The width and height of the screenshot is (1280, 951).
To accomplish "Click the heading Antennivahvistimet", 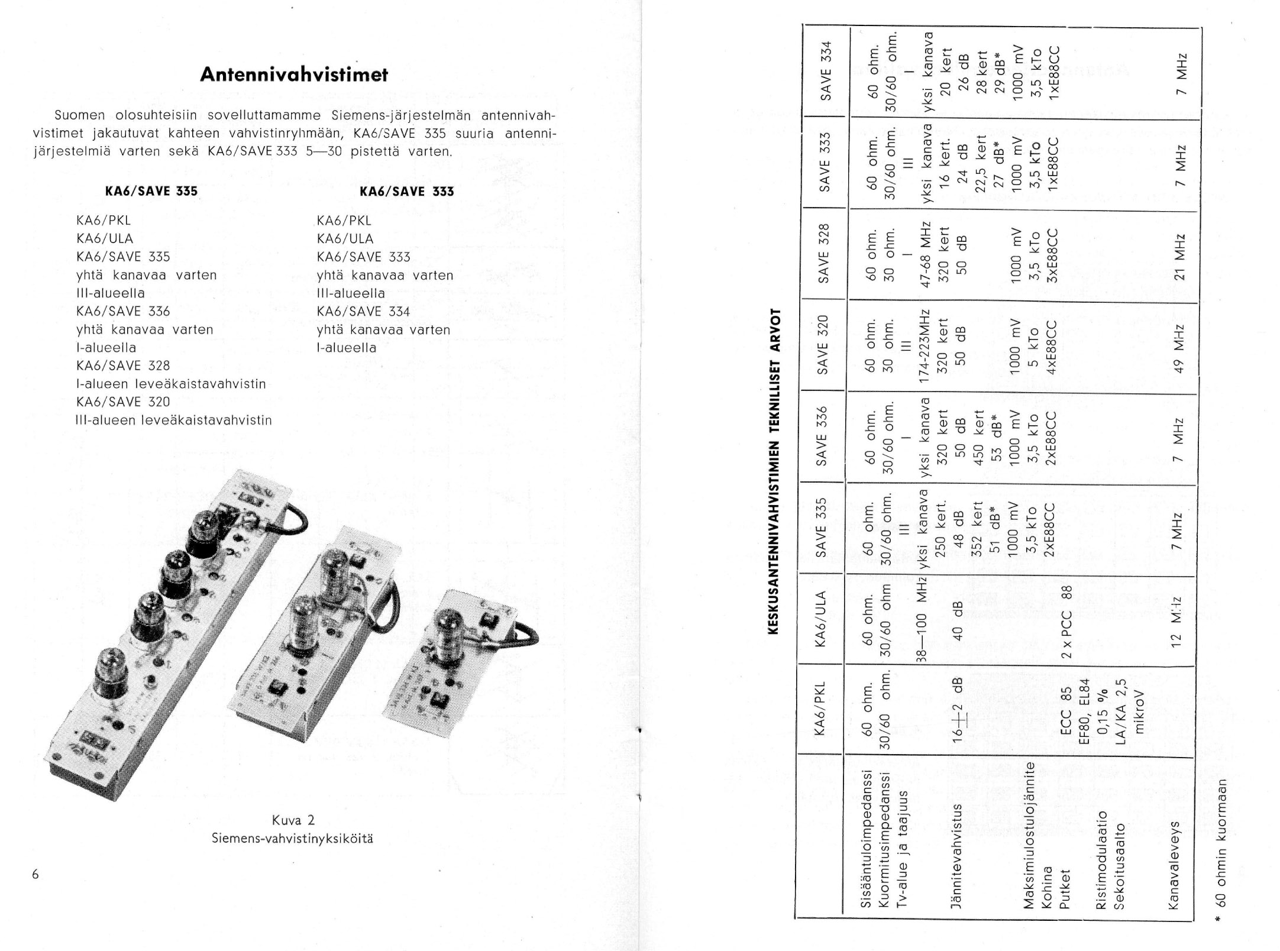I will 294,75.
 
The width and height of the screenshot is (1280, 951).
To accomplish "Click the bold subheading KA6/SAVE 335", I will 151,192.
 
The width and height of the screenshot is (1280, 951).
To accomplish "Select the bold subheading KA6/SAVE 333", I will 407,192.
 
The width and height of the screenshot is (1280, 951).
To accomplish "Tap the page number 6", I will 35,874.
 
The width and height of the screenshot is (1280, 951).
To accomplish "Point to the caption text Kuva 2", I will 293,820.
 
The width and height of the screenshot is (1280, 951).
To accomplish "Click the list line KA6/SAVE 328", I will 123,365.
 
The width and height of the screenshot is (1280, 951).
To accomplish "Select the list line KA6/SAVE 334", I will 363,312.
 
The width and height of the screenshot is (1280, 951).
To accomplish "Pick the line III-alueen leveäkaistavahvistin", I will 174,420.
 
